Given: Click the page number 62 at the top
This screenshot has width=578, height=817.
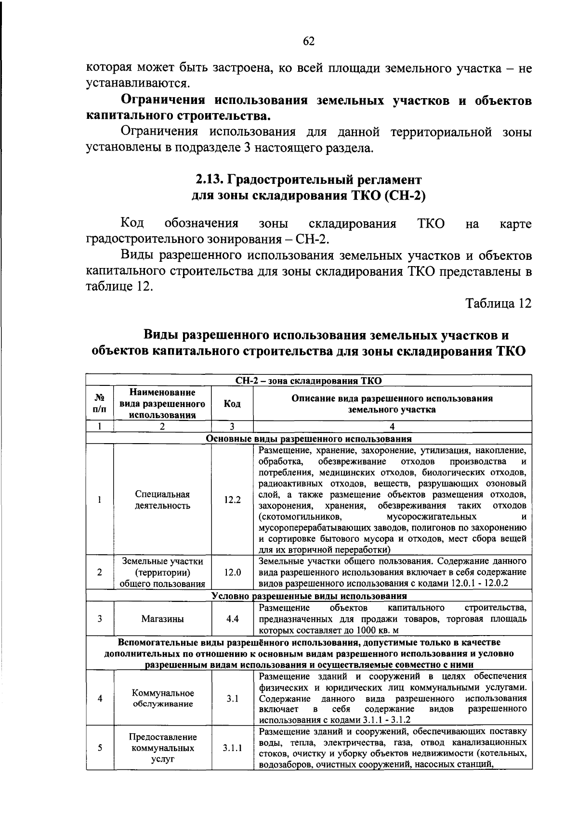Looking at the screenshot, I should (x=308, y=41).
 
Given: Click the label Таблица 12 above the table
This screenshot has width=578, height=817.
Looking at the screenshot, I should (x=498, y=304).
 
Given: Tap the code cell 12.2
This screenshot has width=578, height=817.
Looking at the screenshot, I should (x=232, y=499).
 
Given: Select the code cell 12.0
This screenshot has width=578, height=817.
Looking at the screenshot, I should (x=232, y=573).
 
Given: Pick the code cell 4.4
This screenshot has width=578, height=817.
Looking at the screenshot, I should (x=232, y=619).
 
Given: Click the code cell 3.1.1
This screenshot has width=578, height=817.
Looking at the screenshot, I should (x=232, y=748).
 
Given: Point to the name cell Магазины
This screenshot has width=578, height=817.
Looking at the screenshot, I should (x=162, y=619).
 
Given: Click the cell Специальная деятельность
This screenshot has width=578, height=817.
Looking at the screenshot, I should (x=162, y=500).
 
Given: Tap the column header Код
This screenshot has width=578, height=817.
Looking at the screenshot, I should (x=232, y=404).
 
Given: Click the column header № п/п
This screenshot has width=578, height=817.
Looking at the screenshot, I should (x=99, y=404).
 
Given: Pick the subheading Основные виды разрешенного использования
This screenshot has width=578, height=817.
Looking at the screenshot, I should (x=308, y=438).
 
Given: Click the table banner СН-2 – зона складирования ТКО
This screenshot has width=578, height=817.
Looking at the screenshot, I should (x=308, y=381).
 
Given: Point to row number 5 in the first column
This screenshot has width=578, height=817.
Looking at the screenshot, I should (x=99, y=748).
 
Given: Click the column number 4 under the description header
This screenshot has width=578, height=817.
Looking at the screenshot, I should (x=392, y=426).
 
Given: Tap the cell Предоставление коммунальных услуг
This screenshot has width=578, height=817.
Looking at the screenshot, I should (x=162, y=748).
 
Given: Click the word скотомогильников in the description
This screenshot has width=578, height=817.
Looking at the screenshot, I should (x=300, y=516).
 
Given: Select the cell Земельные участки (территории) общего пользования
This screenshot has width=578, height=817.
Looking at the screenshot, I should (x=162, y=573).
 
